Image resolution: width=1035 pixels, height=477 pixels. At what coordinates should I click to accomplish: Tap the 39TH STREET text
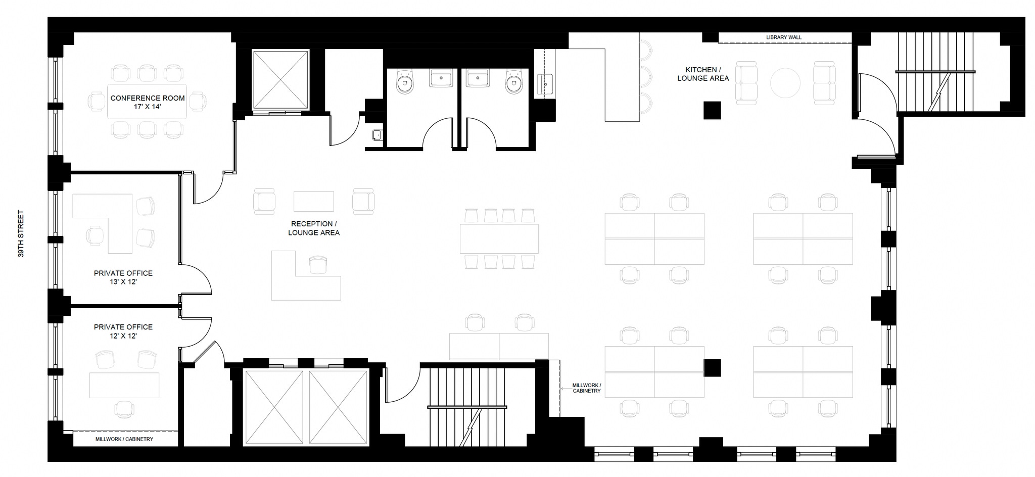coord(21,234)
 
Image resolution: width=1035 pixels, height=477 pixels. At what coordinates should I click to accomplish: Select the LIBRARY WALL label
coord(783,37)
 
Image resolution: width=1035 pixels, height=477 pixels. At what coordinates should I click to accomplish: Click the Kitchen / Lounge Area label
coord(703,74)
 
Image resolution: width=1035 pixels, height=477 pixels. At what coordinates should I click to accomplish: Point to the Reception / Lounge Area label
coord(313,228)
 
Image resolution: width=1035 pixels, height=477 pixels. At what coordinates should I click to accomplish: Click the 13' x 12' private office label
coord(123,277)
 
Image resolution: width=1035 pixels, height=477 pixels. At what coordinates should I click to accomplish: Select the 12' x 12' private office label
coord(123,331)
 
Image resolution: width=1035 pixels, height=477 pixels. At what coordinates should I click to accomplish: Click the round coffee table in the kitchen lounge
coord(785,83)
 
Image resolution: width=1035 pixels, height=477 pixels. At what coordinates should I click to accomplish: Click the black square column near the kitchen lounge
coord(712,110)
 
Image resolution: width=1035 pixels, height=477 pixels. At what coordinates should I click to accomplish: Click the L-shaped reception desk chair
coord(318,264)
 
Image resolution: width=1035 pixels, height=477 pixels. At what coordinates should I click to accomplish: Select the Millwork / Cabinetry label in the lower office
coord(124,439)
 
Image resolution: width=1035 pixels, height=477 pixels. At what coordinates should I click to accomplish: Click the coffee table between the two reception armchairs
coord(314,201)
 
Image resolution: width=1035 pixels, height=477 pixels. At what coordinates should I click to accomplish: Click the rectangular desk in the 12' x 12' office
coord(124,385)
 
